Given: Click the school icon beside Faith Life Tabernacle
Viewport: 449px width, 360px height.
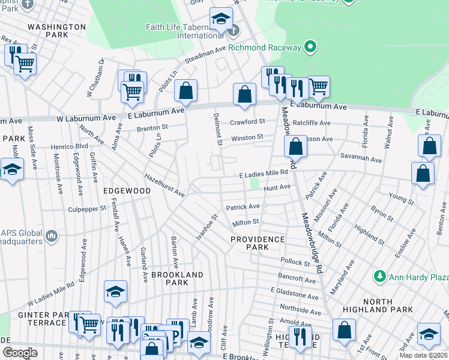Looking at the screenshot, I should click(221, 19).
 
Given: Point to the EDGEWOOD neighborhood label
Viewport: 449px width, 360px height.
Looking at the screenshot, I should click(127, 191).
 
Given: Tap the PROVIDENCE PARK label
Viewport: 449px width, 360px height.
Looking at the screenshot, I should click(258, 243).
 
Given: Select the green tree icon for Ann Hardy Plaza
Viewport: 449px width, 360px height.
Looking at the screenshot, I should click(379, 277).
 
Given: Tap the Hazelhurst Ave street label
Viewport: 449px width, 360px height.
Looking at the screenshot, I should click(164, 185).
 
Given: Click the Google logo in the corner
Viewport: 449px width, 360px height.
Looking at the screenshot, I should click(20, 353).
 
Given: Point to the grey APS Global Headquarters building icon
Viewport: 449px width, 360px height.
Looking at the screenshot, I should click(52, 236).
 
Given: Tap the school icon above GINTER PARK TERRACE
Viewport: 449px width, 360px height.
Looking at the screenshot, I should click(115, 292).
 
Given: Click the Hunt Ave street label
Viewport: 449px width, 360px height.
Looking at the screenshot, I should click(277, 188).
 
